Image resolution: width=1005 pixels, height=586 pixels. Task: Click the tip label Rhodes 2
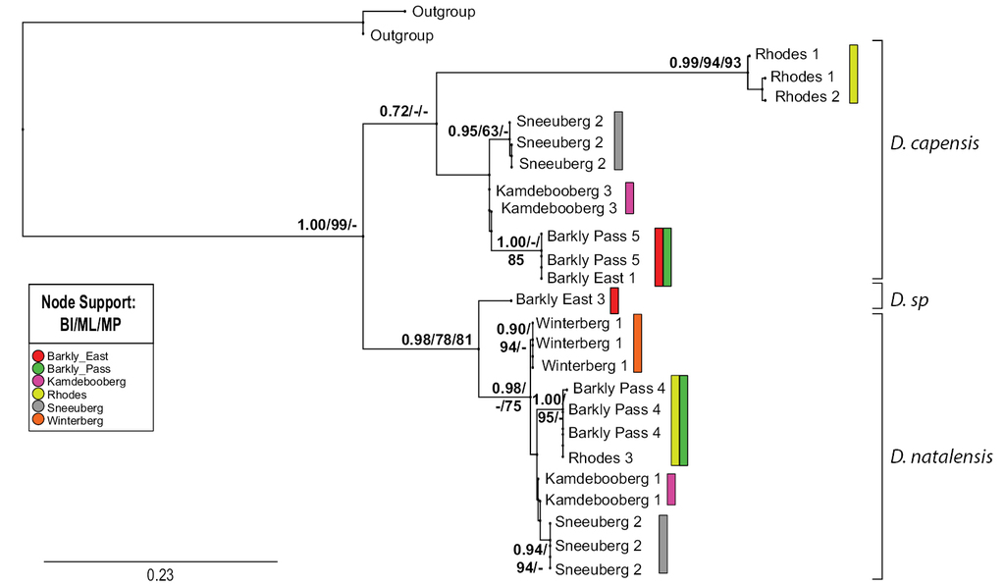[807, 97]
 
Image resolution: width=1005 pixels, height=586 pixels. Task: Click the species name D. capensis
[934, 143]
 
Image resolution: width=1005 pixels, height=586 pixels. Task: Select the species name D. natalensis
[941, 456]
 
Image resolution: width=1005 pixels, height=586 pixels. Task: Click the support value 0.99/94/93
[706, 62]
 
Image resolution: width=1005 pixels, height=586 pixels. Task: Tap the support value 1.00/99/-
[327, 228]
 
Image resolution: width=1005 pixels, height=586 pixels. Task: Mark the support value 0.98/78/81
[437, 340]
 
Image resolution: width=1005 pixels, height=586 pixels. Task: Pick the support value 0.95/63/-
[478, 131]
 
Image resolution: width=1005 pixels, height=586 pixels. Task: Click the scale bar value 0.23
[160, 574]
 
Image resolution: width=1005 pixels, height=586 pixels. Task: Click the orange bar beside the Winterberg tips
[637, 343]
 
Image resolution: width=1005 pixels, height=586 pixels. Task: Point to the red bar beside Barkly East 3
[613, 300]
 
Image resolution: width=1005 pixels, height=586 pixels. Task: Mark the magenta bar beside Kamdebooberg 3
[630, 197]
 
